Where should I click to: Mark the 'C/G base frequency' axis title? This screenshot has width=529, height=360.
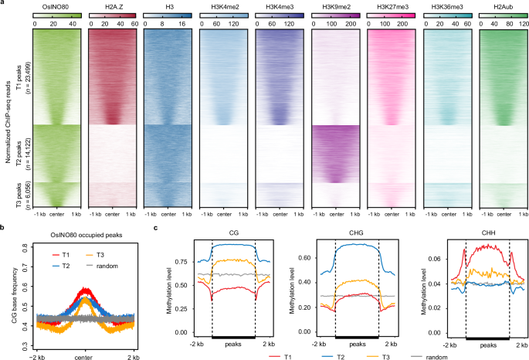coord(9,294)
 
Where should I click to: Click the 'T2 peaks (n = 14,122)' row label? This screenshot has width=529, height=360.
coord(18,153)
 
